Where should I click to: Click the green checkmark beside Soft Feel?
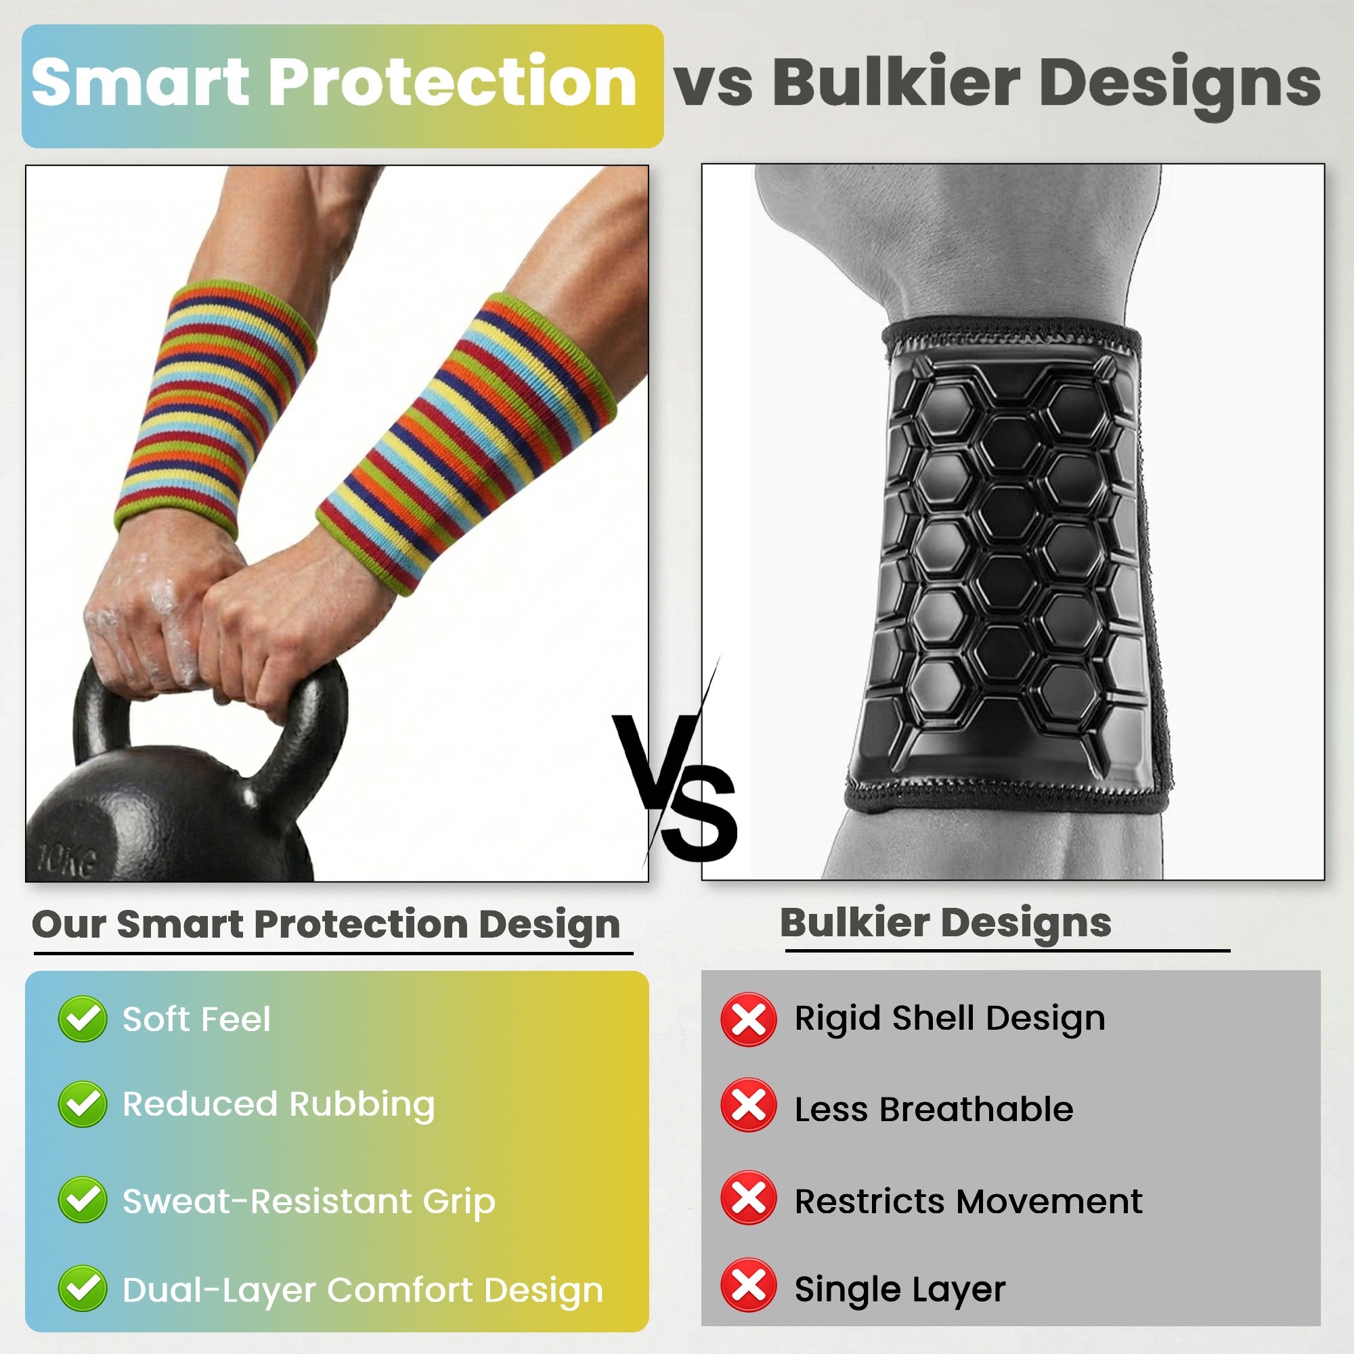(x=83, y=1018)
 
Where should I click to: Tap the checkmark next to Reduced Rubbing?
(x=83, y=1104)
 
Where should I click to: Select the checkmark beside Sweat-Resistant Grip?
(x=83, y=1200)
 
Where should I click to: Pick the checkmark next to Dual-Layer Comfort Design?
(x=83, y=1288)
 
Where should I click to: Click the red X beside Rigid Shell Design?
(x=749, y=1020)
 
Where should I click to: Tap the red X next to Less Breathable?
(x=749, y=1106)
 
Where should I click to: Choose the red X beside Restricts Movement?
(x=749, y=1198)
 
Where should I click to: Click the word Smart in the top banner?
(x=140, y=83)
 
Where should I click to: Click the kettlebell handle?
(x=211, y=708)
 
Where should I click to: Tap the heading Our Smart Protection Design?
(x=326, y=924)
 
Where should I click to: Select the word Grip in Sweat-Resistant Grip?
(x=459, y=1202)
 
